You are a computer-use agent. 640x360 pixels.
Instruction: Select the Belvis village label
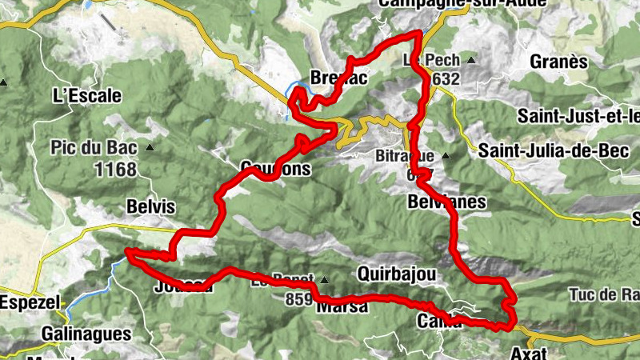click(x=150, y=207)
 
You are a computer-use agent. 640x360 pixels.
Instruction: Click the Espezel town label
click(x=26, y=304)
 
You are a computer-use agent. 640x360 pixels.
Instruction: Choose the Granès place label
click(x=558, y=62)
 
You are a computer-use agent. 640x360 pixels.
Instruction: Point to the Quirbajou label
click(x=397, y=274)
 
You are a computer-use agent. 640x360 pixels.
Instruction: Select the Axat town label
click(x=527, y=351)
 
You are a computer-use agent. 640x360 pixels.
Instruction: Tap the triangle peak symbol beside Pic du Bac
click(x=149, y=148)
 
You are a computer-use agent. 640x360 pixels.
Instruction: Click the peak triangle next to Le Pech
click(x=470, y=61)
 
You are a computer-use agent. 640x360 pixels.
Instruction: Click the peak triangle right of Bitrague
click(x=446, y=155)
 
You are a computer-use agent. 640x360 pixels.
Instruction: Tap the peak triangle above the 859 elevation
click(x=324, y=280)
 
